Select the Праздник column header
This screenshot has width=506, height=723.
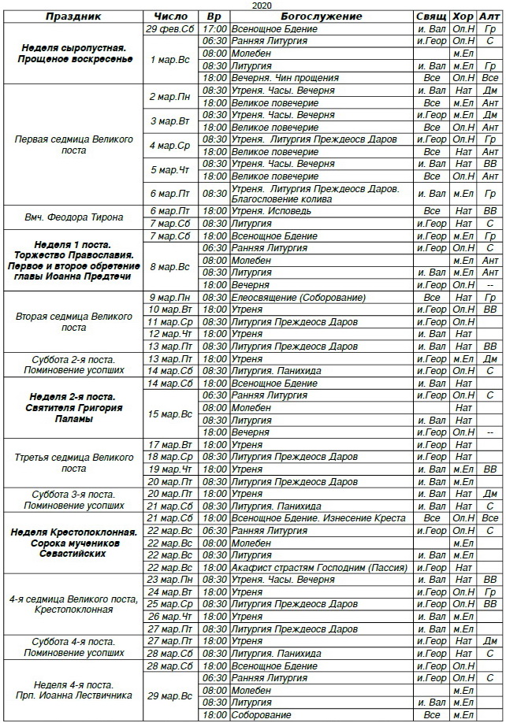[74, 16]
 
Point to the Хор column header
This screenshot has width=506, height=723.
[463, 16]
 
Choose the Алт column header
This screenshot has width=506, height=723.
[489, 16]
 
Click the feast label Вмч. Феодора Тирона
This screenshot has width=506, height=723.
[74, 211]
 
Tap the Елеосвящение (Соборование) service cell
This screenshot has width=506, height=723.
[298, 297]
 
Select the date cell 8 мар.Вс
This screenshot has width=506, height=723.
[171, 266]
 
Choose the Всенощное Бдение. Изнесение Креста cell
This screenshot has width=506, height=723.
[318, 518]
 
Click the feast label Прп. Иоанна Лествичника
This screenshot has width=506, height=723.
[74, 695]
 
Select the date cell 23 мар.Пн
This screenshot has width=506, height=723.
[171, 580]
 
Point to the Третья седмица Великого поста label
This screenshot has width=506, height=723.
[74, 462]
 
